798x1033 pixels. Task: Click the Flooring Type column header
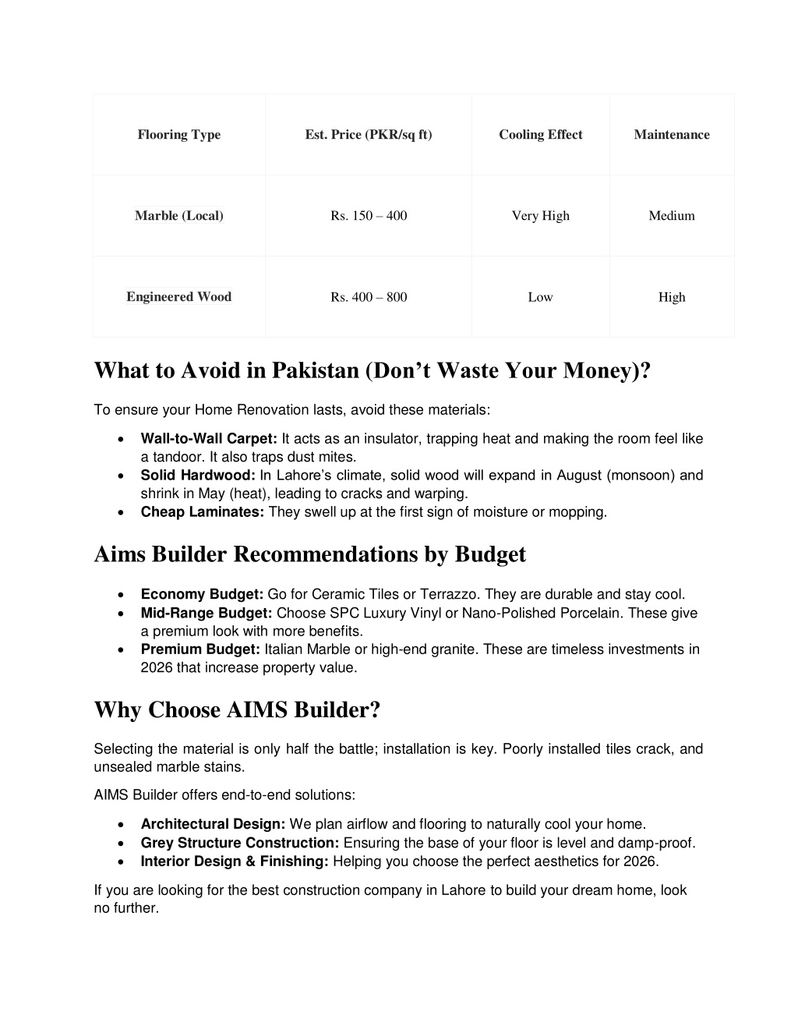[x=179, y=135]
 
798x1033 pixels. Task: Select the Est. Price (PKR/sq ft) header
[x=369, y=135]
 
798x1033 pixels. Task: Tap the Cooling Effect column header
[x=541, y=135]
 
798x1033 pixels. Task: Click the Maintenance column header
[x=672, y=135]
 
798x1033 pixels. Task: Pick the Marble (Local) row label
[x=179, y=216]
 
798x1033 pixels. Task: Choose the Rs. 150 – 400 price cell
[x=369, y=216]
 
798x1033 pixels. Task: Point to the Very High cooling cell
[x=541, y=216]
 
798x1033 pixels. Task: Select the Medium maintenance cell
[x=672, y=216]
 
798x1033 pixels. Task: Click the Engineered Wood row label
[x=179, y=297]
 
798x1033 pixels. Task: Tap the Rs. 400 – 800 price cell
[x=369, y=297]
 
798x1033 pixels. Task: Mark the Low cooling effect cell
[x=541, y=297]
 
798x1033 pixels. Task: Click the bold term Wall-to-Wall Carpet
[x=209, y=439]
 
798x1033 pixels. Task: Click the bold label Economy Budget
[x=203, y=595]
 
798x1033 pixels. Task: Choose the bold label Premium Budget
[x=200, y=649]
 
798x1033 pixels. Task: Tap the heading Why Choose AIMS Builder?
[x=237, y=710]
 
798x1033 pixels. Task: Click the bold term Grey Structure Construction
[x=240, y=843]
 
